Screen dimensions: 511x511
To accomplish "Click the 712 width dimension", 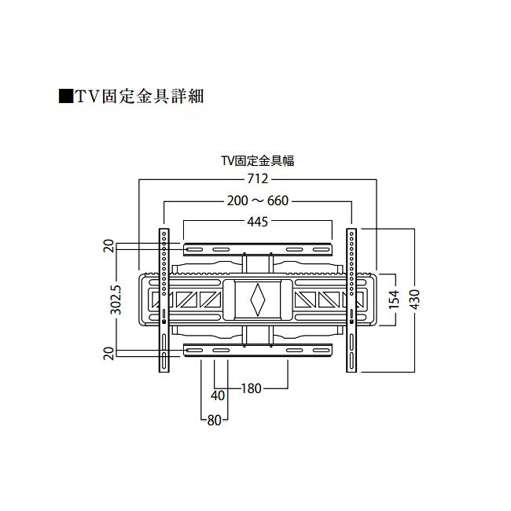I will click(257, 179).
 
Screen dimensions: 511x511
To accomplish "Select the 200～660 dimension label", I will click(257, 201).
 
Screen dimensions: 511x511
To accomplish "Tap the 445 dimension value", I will click(257, 222).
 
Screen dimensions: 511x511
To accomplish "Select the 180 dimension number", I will click(252, 388).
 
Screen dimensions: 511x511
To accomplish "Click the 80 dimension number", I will click(214, 420).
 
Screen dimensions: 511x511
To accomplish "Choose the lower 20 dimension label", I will click(109, 351).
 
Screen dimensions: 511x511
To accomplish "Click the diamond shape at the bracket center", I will click(257, 299).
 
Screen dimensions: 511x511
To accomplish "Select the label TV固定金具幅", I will click(257, 160).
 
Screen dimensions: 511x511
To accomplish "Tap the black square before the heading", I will click(66, 97).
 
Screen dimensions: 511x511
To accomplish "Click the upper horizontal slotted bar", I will click(257, 249).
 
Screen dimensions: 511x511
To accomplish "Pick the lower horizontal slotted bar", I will click(257, 350).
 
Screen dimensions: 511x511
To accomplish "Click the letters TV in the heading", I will click(85, 97).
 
